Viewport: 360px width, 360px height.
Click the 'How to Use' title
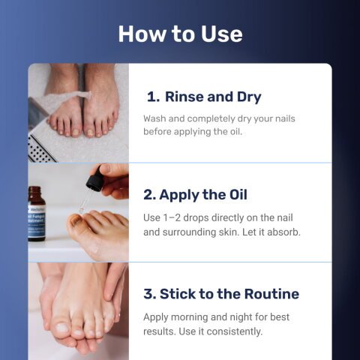tap(180, 34)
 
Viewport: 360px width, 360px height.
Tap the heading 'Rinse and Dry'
tap(213, 97)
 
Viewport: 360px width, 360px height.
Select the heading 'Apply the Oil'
tap(203, 195)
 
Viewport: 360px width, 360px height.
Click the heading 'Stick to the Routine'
tap(229, 294)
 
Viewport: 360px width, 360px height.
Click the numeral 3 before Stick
tap(150, 294)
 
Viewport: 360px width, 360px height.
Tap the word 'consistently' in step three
tap(234, 331)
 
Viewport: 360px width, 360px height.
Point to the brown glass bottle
tap(36, 214)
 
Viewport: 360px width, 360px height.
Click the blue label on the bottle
tap(37, 220)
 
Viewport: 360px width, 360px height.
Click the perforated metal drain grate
tap(40, 149)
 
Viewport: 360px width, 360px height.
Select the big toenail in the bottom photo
tap(61, 328)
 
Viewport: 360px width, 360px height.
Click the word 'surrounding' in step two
tap(189, 232)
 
